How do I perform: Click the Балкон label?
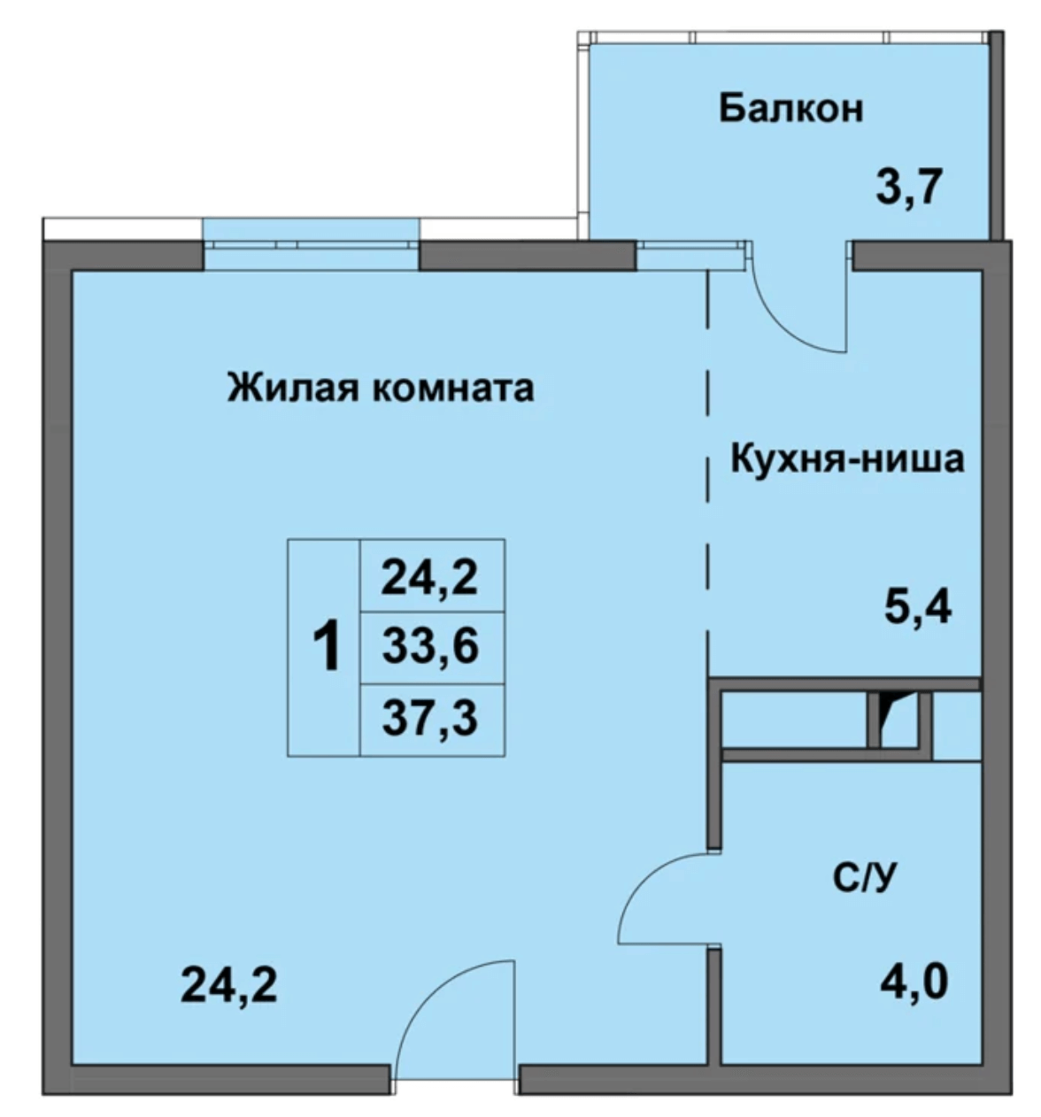click(790, 109)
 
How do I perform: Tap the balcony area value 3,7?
click(911, 187)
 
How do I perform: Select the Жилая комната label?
click(381, 388)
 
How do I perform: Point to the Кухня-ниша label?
click(846, 460)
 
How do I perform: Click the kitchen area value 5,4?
click(917, 607)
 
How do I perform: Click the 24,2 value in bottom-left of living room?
click(228, 984)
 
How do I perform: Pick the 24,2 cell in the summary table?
click(430, 577)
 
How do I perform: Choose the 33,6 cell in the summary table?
click(430, 647)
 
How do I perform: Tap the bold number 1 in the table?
click(327, 647)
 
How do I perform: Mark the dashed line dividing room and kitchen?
click(708, 460)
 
